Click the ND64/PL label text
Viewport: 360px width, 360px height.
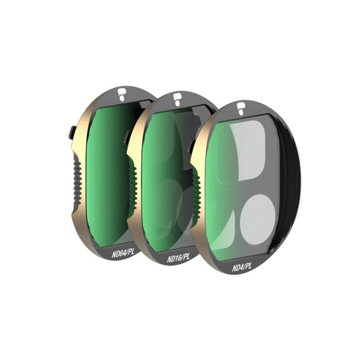123,253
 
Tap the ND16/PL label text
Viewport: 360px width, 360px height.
178,258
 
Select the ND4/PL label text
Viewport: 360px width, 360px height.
242,267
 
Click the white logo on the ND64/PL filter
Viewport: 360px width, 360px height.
121,94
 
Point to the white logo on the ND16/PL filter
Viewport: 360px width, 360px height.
177,99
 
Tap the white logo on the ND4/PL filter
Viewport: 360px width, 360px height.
240,109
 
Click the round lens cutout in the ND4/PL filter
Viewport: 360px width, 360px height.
257,220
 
